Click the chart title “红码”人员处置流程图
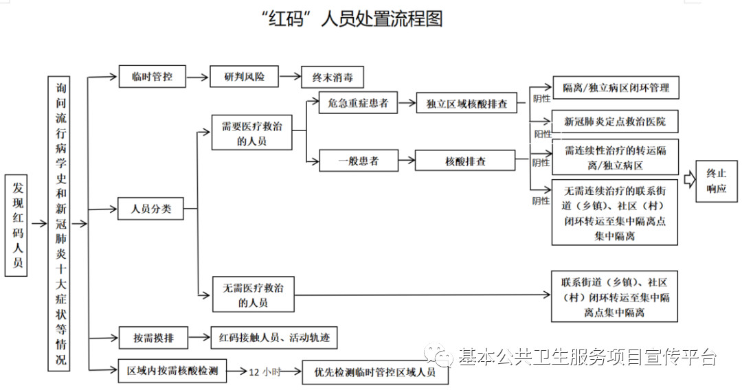[352, 19]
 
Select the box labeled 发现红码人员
[16, 225]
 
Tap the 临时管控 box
[152, 77]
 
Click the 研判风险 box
[244, 77]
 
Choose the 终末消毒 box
[333, 78]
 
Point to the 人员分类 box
[150, 209]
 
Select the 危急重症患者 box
[358, 103]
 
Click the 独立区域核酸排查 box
[466, 104]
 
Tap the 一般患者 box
[359, 161]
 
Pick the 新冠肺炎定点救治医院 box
[615, 122]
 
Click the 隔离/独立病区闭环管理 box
[615, 87]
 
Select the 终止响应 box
[717, 181]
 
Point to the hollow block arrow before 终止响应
[690, 180]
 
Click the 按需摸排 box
[153, 338]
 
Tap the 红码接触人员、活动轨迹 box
[274, 338]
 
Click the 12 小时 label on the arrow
[265, 372]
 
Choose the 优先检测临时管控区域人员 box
[375, 373]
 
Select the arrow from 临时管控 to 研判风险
[198, 77]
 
